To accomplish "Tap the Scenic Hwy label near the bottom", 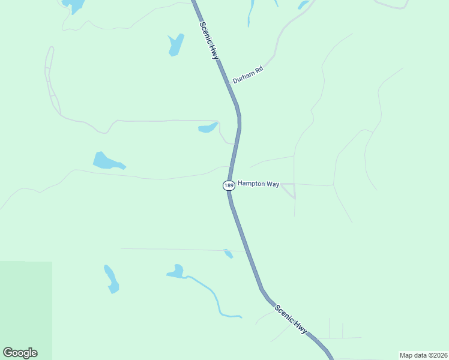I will tap(291, 319).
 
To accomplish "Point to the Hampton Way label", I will tap(258, 184).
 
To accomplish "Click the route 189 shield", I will tap(229, 185).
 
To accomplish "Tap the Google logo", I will tap(20, 353).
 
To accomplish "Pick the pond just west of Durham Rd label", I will tap(175, 44).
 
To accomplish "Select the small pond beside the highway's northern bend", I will tap(208, 128).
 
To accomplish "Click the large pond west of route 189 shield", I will tap(107, 161).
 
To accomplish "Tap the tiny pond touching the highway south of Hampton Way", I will tap(228, 253).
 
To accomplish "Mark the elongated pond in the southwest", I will tap(111, 280).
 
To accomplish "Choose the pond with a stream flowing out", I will tap(176, 272).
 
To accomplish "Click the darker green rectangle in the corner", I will tap(26, 309).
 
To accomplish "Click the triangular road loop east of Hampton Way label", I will tap(289, 190).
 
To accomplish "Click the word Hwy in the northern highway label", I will tap(214, 52).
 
